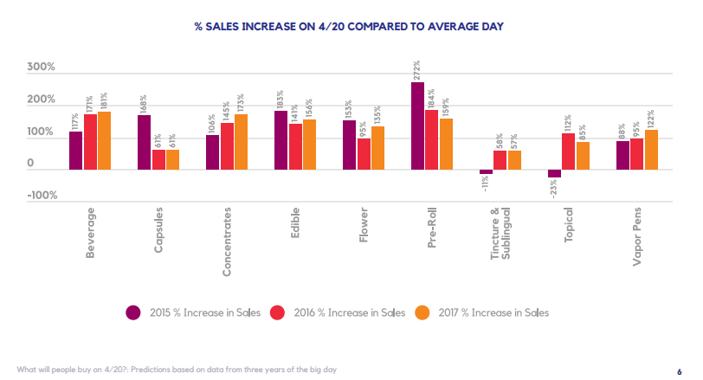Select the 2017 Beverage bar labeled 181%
point(104,140)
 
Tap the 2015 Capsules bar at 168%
point(144,142)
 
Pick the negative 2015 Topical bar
point(554,173)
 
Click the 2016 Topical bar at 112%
point(568,151)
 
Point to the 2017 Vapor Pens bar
point(651,149)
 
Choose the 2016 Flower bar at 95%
point(364,153)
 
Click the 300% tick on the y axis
point(42,67)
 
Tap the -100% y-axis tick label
point(42,196)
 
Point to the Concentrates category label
point(227,242)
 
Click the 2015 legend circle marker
point(133,312)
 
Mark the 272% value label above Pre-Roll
point(417,69)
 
